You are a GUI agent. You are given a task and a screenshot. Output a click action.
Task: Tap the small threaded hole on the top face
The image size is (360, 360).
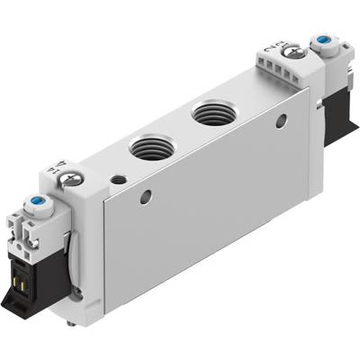(117, 180)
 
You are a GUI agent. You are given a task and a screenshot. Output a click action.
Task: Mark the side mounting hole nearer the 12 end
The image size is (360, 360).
(282, 120)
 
